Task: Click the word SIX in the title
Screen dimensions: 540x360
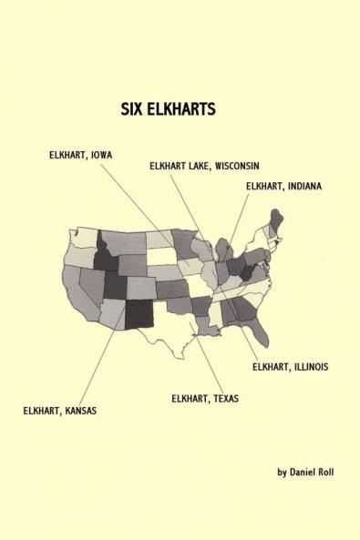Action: [x=132, y=107]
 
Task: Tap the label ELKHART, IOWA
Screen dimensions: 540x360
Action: [x=80, y=155]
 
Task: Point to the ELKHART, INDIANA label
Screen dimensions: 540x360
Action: [x=283, y=186]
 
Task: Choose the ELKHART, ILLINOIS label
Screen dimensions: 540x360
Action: [x=290, y=366]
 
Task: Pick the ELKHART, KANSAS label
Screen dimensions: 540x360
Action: [x=60, y=411]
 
